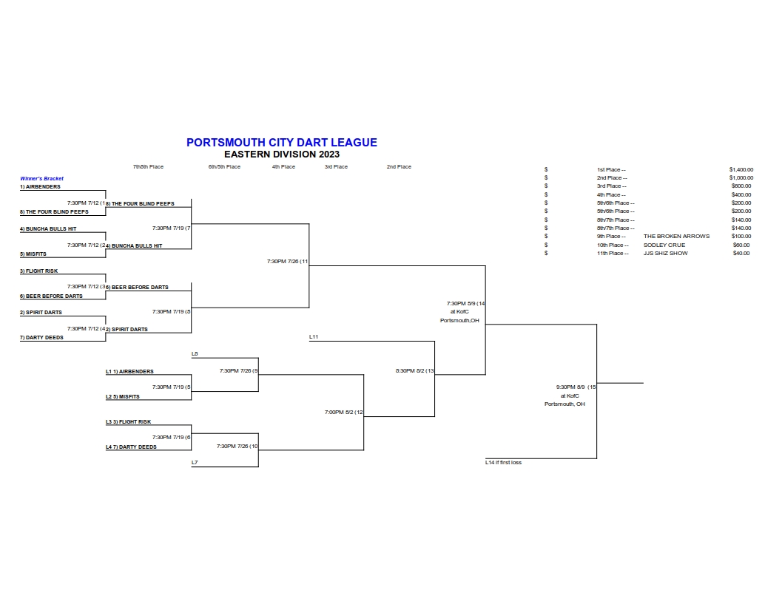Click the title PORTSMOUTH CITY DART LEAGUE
[x=282, y=143]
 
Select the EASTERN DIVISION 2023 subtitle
[x=282, y=155]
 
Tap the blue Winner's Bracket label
[x=42, y=178]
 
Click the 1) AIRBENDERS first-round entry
[x=40, y=187]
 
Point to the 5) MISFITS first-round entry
[x=33, y=254]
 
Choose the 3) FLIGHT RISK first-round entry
[x=39, y=271]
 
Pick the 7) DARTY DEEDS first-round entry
[x=41, y=337]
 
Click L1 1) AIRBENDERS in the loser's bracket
[x=129, y=372]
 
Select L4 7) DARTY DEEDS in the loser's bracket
[x=131, y=447]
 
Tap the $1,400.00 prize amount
[x=741, y=170]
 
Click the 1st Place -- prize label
[x=611, y=170]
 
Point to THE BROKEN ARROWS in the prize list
[x=676, y=237]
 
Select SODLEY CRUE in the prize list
[x=664, y=245]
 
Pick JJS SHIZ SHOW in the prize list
[x=665, y=253]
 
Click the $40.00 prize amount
[x=741, y=253]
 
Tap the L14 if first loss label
[x=503, y=463]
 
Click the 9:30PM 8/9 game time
[x=570, y=387]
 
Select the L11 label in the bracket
[x=314, y=337]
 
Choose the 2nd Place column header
[x=399, y=167]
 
